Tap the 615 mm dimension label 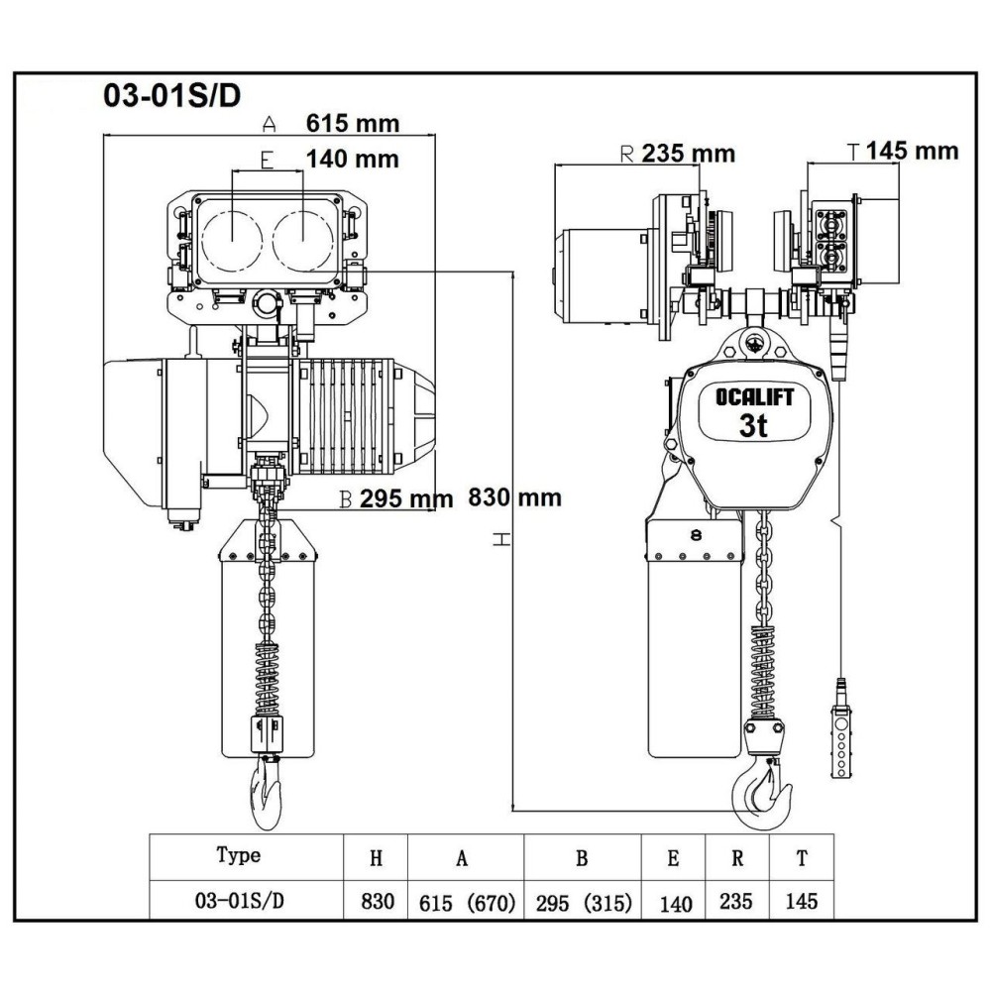(352, 124)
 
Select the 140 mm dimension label (352, 159)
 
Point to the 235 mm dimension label (688, 154)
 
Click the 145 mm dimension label (912, 151)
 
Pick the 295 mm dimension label (405, 499)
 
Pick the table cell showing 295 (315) (582, 903)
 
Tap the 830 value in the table (377, 902)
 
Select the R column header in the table (737, 858)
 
